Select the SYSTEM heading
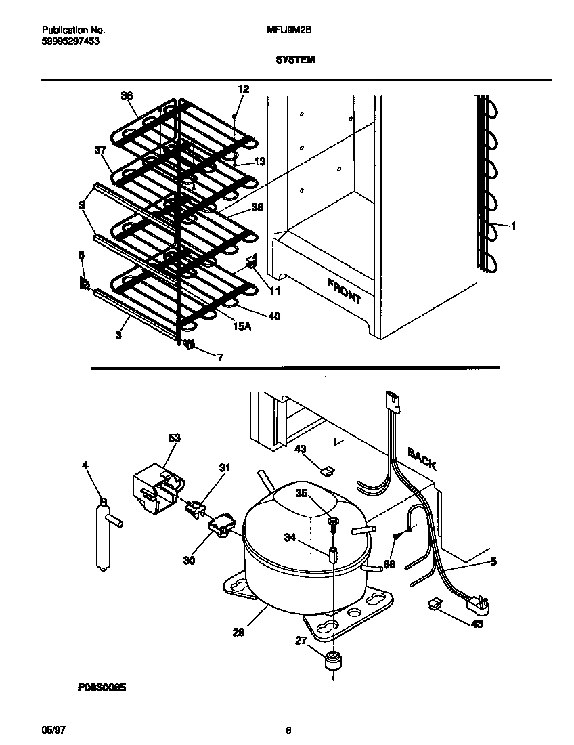click(295, 60)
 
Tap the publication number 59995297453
click(66, 41)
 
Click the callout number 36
click(127, 96)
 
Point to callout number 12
click(243, 89)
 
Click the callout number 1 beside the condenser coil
click(513, 226)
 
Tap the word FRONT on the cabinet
click(345, 291)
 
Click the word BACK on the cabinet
click(422, 459)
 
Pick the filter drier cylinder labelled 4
click(104, 536)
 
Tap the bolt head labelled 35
click(334, 521)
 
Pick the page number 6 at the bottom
click(288, 730)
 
